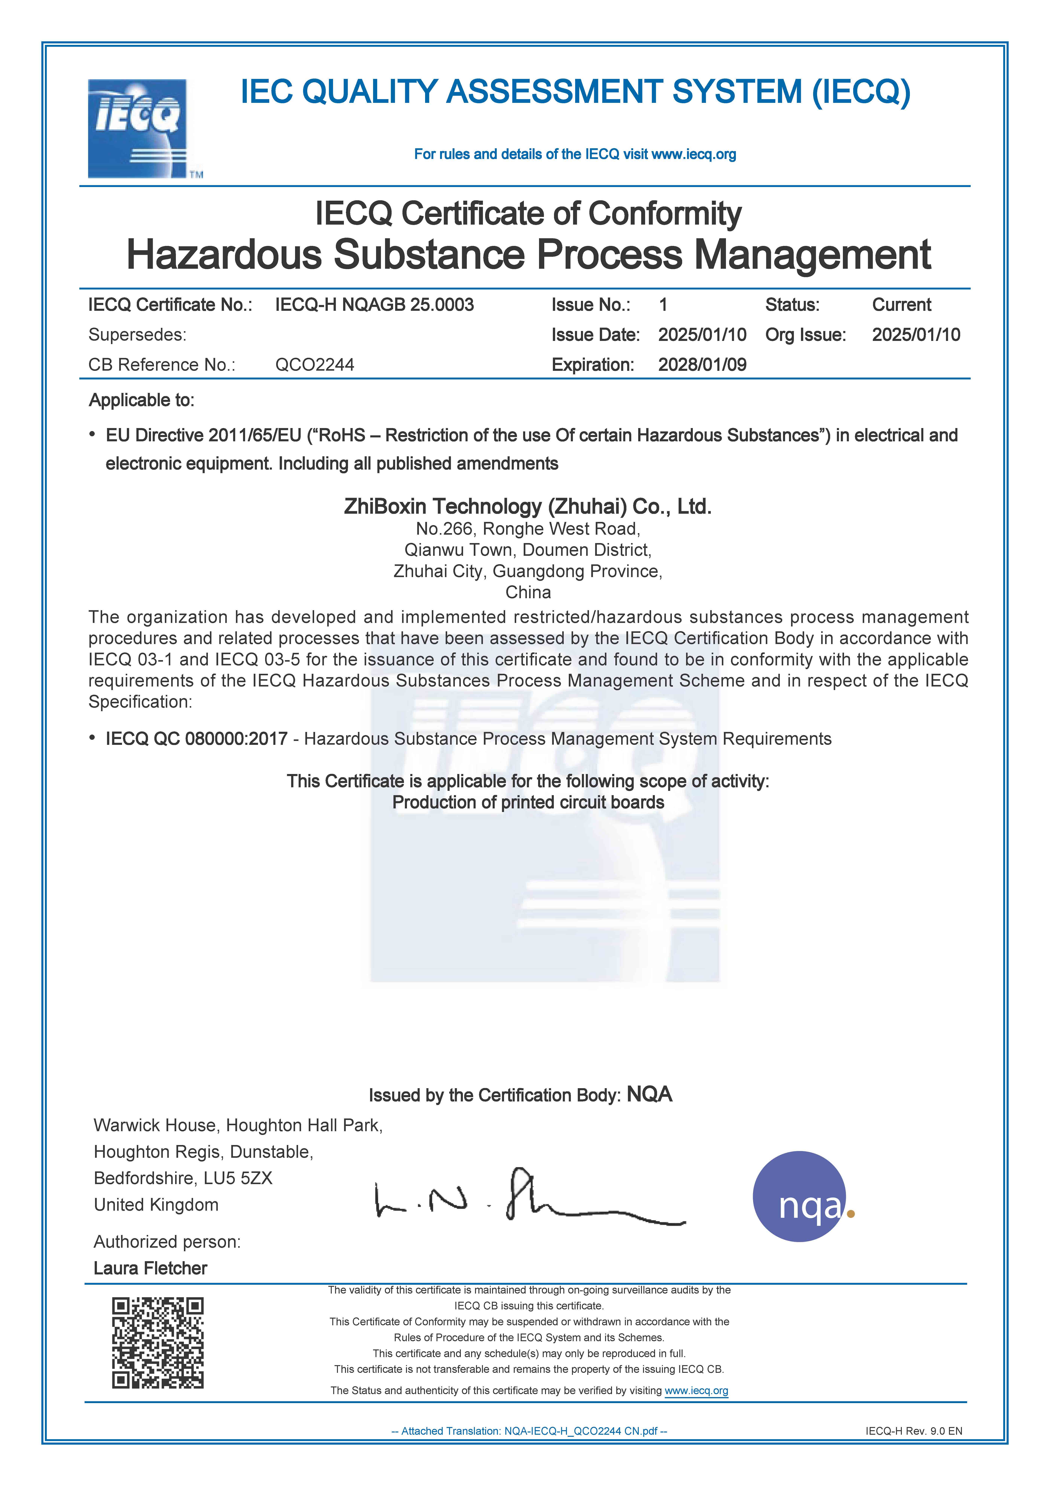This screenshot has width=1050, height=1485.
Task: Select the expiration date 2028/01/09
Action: pos(702,365)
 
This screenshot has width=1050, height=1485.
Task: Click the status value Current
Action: pos(901,305)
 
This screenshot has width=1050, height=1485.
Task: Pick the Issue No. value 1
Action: pos(663,305)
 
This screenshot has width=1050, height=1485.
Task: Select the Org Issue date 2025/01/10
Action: pos(915,335)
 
